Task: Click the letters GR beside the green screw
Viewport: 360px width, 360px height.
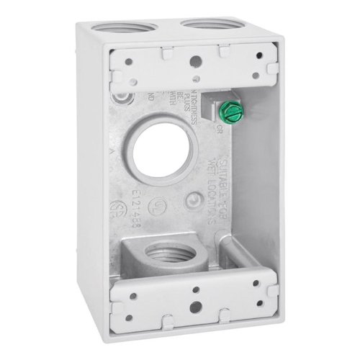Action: pos(239,130)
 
